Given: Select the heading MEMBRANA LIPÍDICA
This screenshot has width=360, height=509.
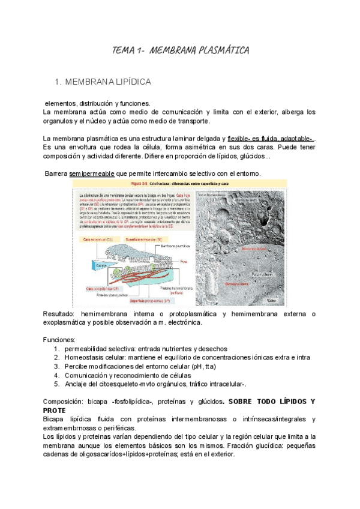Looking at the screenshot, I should point(108,81).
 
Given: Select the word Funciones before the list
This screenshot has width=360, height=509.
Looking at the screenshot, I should point(59,339).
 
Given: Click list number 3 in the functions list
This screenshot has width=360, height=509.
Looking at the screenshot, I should point(56,366).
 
